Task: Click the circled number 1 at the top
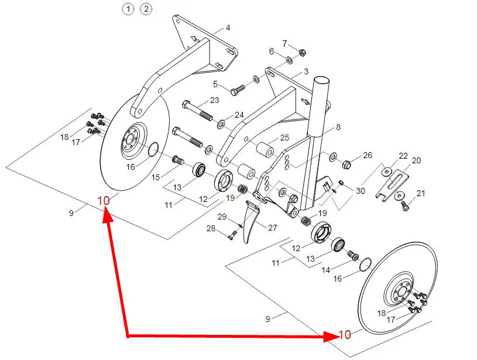click(x=128, y=9)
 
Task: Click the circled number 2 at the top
click(x=146, y=9)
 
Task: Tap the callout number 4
click(x=228, y=28)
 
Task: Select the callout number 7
click(x=284, y=43)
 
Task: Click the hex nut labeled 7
click(x=302, y=53)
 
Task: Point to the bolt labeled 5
click(x=238, y=90)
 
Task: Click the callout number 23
click(x=214, y=100)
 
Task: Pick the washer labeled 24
click(x=221, y=124)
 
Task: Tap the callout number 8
click(x=338, y=127)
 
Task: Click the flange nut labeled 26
click(x=346, y=164)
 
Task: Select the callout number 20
click(x=416, y=160)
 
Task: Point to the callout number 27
click(x=272, y=227)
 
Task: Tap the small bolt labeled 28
click(x=232, y=235)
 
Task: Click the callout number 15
click(x=156, y=177)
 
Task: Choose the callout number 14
click(x=325, y=270)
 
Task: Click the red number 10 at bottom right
click(x=345, y=334)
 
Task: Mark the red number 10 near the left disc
click(x=104, y=201)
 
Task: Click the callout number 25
click(x=284, y=138)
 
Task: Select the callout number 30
click(x=360, y=190)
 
